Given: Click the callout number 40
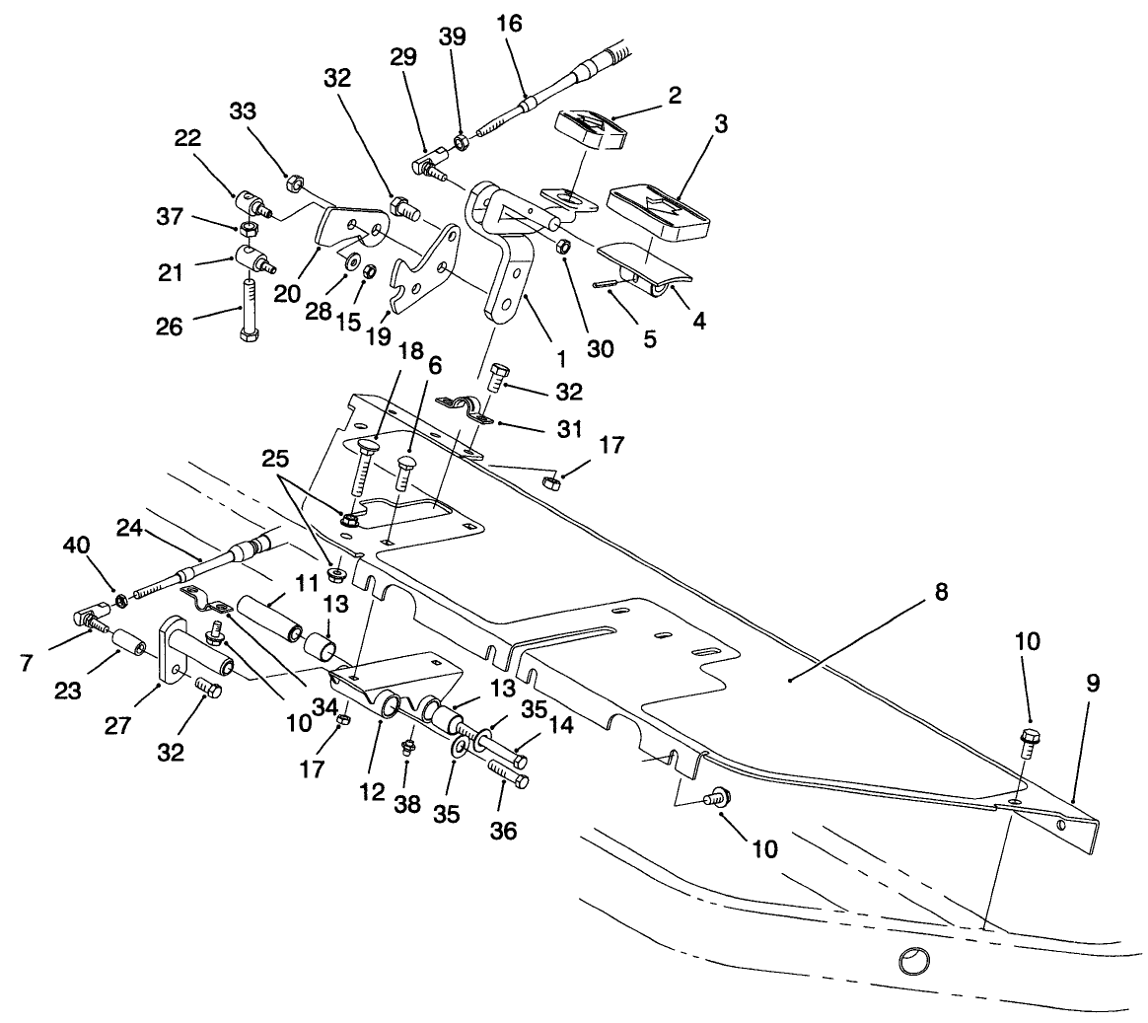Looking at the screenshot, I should pyautogui.click(x=76, y=545).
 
